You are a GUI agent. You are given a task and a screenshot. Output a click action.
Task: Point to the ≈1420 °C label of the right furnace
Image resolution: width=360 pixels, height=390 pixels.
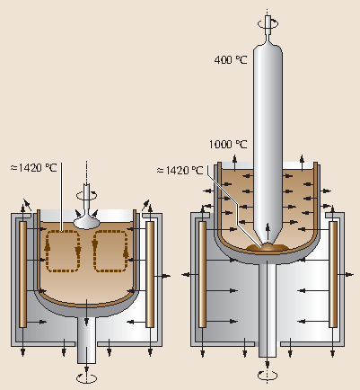coord(182,168)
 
